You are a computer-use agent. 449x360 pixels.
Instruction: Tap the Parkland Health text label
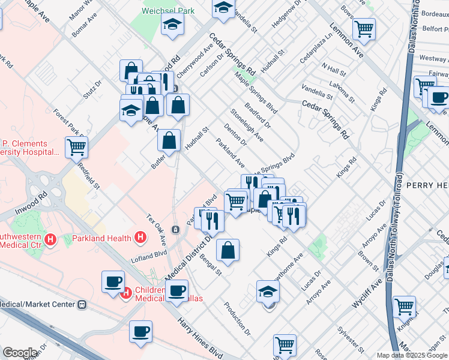101,238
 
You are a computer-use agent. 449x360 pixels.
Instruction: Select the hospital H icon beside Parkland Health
140,238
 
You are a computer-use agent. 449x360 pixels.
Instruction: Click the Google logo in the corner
19,353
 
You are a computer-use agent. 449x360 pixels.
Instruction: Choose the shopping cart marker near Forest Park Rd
76,147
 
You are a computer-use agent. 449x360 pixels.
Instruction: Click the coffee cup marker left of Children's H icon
113,281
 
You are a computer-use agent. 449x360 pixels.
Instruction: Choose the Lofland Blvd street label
148,257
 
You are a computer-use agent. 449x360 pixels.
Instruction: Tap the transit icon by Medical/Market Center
82,304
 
